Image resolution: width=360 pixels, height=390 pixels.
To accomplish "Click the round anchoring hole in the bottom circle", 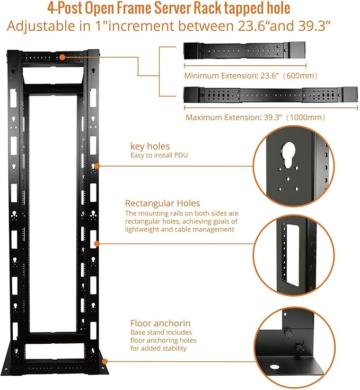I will (275, 366).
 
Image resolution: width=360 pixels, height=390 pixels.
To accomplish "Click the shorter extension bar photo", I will (244, 51).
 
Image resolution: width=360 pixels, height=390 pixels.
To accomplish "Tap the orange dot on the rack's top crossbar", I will (62, 56).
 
